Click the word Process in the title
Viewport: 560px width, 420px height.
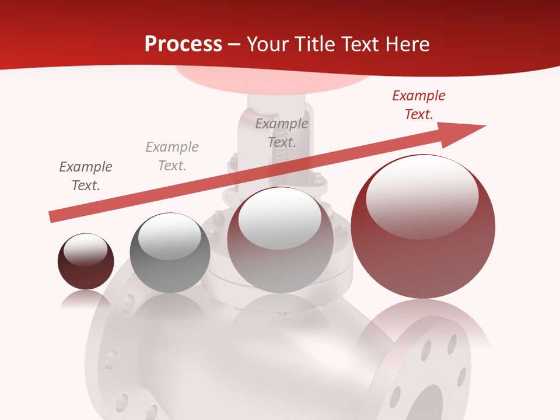(183, 44)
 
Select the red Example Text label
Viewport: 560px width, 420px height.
(418, 105)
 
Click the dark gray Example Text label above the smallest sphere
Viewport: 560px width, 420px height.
(86, 176)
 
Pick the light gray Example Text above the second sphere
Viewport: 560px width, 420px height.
(172, 156)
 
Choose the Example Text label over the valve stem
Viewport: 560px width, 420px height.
(282, 132)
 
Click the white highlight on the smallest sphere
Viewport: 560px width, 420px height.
(86, 250)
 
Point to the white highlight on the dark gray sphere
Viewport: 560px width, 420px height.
(169, 236)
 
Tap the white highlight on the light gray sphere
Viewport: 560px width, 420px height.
(279, 218)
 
